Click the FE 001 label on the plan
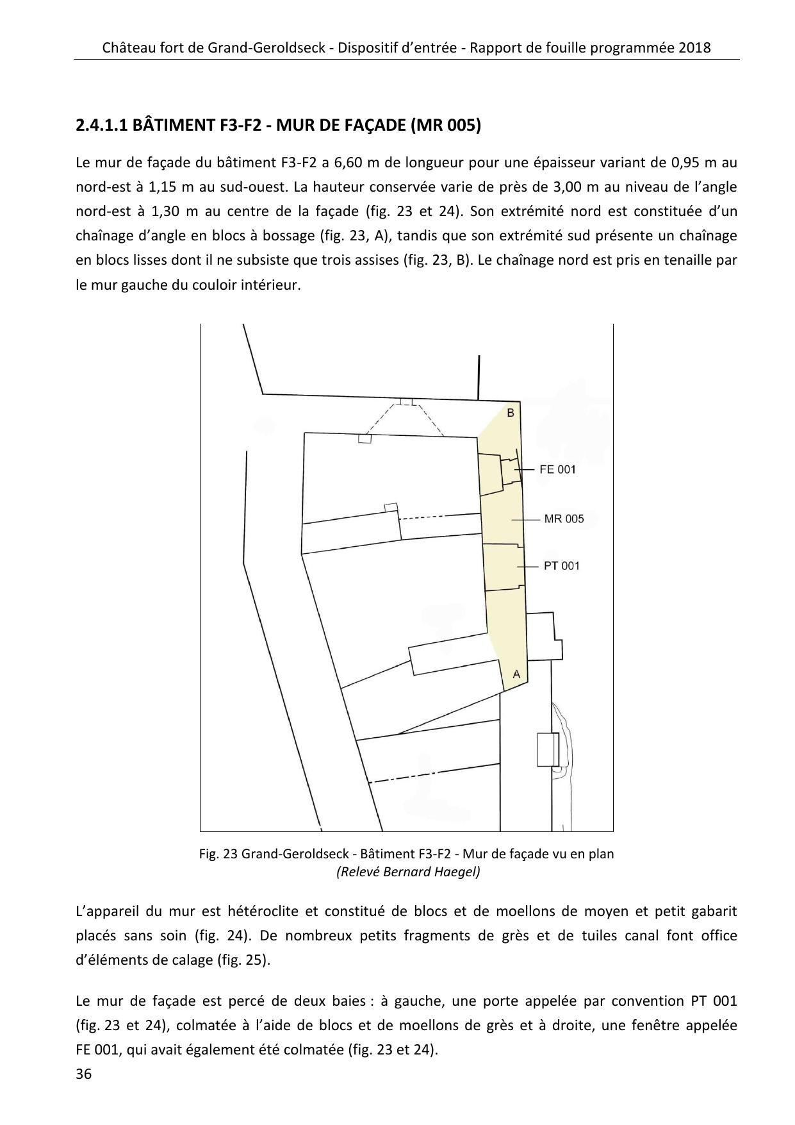tap(557, 470)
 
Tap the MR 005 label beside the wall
tap(564, 519)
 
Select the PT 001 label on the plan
tap(561, 566)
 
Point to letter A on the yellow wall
tap(516, 674)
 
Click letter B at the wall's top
tap(511, 413)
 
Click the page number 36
tap(84, 1074)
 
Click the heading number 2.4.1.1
tap(101, 125)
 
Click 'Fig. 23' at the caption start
tap(218, 854)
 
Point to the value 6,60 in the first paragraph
tap(348, 163)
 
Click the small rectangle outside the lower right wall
tap(548, 749)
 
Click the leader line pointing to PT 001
tap(526, 567)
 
